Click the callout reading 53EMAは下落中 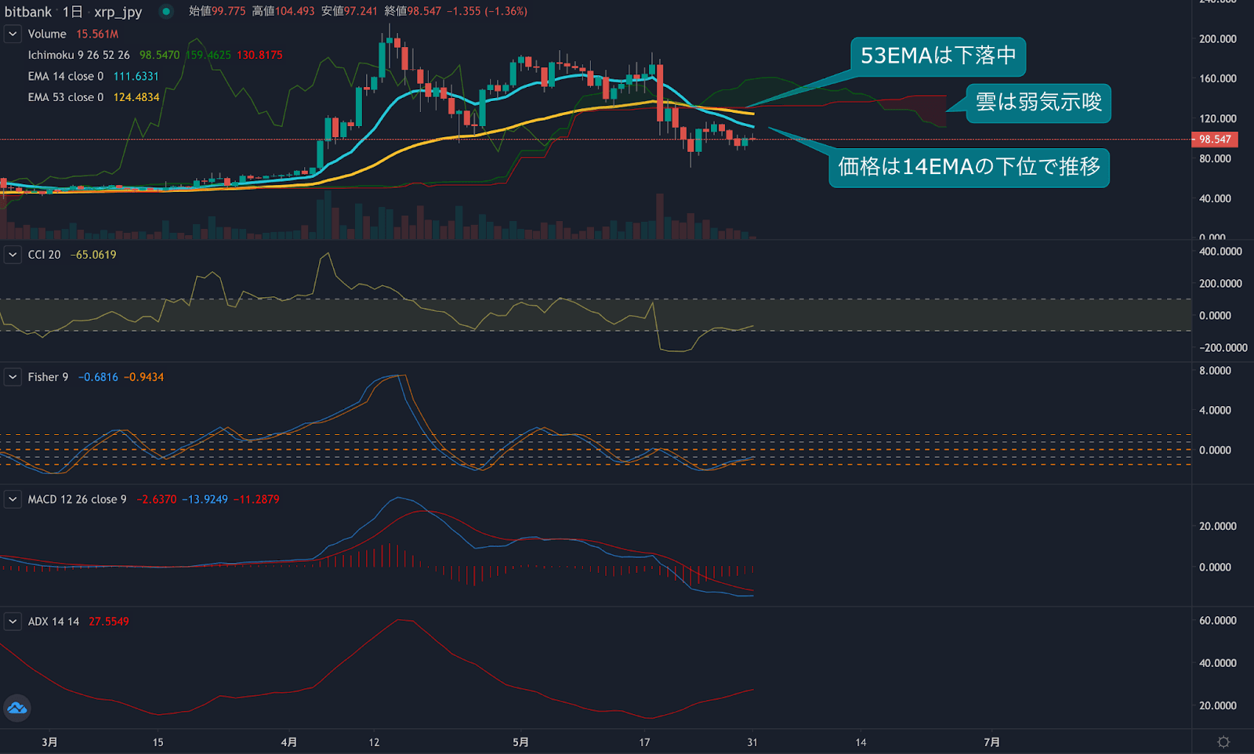(937, 56)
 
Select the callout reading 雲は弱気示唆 (1038, 103)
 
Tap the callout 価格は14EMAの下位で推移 (969, 167)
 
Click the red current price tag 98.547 (1214, 140)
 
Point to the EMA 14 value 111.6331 (136, 76)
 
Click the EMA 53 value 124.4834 (136, 97)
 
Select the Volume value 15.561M (97, 34)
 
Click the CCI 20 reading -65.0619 (93, 255)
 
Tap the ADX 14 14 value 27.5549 (108, 622)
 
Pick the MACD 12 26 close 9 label (77, 499)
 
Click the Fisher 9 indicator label (48, 377)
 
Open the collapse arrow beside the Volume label (13, 34)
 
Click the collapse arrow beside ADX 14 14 (13, 622)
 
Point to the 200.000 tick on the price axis (1217, 38)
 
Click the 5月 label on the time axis (520, 741)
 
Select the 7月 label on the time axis (991, 741)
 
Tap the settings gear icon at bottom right (1223, 741)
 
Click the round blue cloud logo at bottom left (17, 709)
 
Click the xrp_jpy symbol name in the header (118, 11)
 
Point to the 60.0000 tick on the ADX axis (1217, 620)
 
